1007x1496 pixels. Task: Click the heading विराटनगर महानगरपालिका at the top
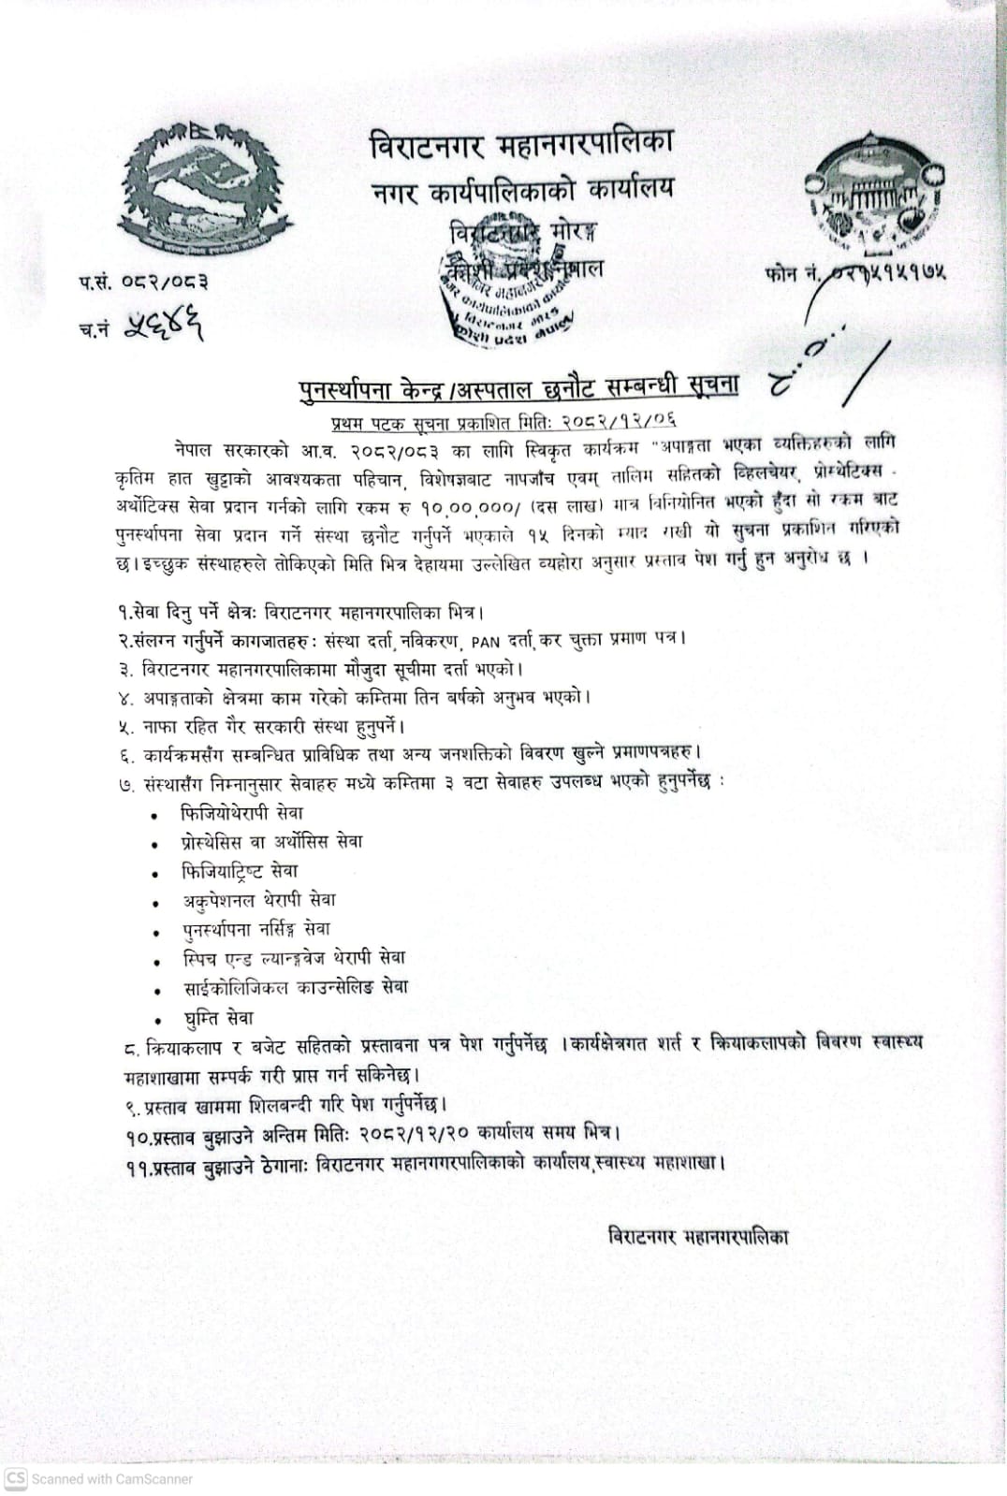click(522, 147)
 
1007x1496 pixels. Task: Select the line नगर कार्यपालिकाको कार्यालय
click(522, 189)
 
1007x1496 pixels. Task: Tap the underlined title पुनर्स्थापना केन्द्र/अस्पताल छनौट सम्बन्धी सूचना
click(518, 385)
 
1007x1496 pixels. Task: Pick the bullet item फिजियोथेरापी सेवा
click(241, 813)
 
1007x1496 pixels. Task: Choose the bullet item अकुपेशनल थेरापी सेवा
click(258, 900)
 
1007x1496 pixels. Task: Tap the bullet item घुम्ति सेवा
click(217, 1017)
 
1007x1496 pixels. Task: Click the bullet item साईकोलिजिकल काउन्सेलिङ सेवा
click(295, 987)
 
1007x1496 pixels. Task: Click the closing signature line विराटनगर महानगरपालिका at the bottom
click(698, 1236)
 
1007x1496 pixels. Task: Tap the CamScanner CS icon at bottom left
click(16, 1478)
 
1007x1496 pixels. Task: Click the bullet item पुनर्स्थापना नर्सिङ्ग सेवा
click(255, 929)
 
